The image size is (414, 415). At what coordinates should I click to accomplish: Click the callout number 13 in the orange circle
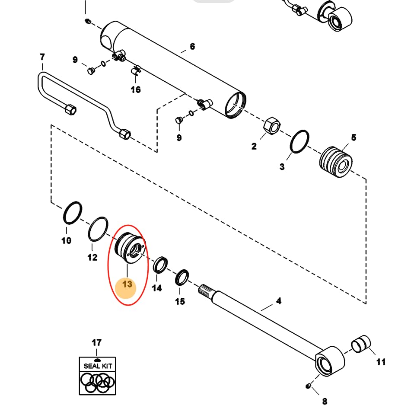pyautogui.click(x=127, y=284)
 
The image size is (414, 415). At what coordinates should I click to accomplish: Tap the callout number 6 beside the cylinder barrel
pyautogui.click(x=192, y=46)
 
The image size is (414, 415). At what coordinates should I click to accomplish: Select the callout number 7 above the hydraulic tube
pyautogui.click(x=42, y=57)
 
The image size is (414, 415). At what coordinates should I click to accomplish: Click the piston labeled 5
pyautogui.click(x=336, y=162)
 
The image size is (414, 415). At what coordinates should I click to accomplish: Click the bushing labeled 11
pyautogui.click(x=361, y=344)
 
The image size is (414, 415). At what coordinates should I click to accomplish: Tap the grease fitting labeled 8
pyautogui.click(x=308, y=386)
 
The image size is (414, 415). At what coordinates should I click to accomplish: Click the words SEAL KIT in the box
pyautogui.click(x=98, y=366)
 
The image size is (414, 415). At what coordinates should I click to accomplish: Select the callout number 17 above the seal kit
pyautogui.click(x=96, y=343)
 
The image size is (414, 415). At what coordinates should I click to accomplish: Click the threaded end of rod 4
pyautogui.click(x=206, y=290)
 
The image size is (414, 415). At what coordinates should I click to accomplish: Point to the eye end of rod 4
pyautogui.click(x=330, y=361)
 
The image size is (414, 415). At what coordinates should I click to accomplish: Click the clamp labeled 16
pyautogui.click(x=136, y=71)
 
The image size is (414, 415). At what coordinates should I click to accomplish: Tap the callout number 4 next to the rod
pyautogui.click(x=279, y=301)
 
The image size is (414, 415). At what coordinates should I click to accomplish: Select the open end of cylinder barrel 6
pyautogui.click(x=235, y=105)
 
